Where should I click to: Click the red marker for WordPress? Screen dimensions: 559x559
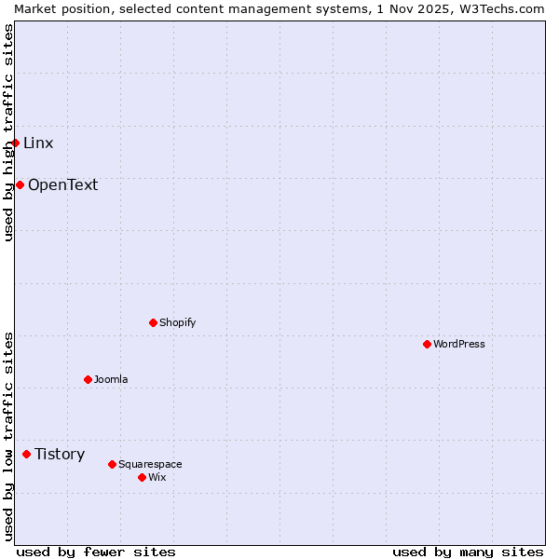click(x=428, y=344)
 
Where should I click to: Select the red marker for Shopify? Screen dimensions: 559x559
click(x=154, y=322)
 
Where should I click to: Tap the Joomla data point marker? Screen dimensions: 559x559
click(x=89, y=379)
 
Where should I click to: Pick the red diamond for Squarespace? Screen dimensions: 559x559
click(x=113, y=464)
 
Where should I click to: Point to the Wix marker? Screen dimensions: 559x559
click(x=143, y=477)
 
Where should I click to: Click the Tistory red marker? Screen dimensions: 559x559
click(x=27, y=454)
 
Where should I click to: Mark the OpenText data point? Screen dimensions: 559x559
click(x=20, y=184)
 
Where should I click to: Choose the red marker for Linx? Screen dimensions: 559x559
click(x=15, y=143)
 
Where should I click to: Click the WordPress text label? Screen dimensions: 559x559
click(x=459, y=344)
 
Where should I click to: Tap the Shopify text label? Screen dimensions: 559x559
click(x=177, y=322)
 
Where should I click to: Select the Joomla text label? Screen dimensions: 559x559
click(x=111, y=379)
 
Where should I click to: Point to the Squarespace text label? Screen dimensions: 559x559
click(x=150, y=464)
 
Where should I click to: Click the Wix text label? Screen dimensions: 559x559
click(x=157, y=477)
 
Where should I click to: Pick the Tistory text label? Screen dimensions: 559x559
click(x=60, y=454)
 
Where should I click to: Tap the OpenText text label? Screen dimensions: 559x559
click(x=62, y=184)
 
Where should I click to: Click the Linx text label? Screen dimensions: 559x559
click(x=38, y=143)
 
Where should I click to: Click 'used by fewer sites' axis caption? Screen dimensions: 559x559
click(x=96, y=552)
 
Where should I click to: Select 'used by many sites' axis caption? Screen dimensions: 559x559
click(x=468, y=552)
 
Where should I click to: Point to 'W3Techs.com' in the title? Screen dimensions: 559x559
click(x=503, y=8)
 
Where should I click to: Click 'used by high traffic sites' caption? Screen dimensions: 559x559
click(x=8, y=132)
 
